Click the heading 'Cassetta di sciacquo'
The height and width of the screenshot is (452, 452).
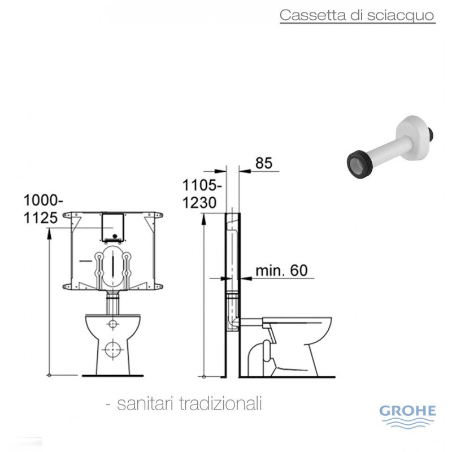click(x=357, y=15)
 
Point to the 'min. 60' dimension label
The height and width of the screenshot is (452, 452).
click(x=281, y=271)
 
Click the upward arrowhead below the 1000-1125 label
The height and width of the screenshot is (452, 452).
click(x=50, y=237)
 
